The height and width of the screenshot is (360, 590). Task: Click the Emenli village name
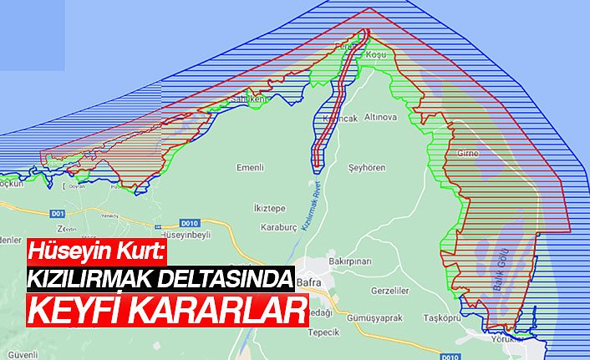pyautogui.click(x=250, y=169)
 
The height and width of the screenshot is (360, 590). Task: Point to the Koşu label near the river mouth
pyautogui.click(x=379, y=54)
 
